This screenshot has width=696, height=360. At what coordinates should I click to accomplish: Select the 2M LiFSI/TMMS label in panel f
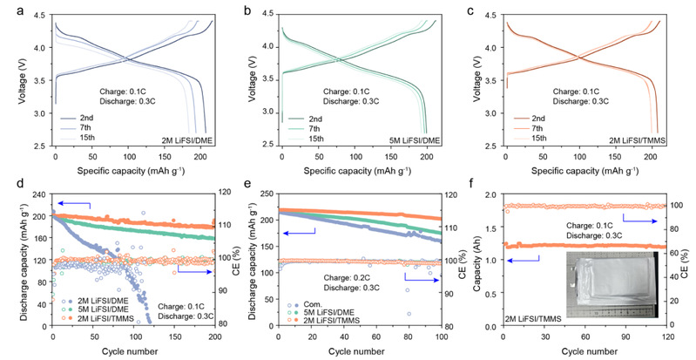point(539,320)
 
